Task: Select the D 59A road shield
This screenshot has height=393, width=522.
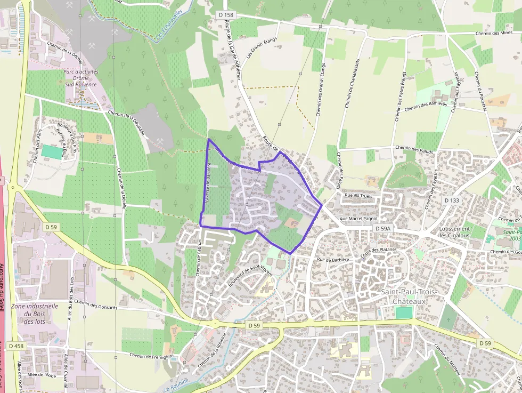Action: (x=382, y=228)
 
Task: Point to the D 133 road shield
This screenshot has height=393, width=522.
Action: (x=451, y=200)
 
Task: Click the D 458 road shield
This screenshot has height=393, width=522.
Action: (x=16, y=346)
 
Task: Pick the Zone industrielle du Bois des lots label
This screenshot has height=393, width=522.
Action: (x=34, y=314)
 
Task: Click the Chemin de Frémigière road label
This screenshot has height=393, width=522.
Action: (x=152, y=356)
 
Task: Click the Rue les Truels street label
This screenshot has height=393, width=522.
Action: (x=358, y=196)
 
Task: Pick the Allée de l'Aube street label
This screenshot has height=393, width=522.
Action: (x=43, y=375)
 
